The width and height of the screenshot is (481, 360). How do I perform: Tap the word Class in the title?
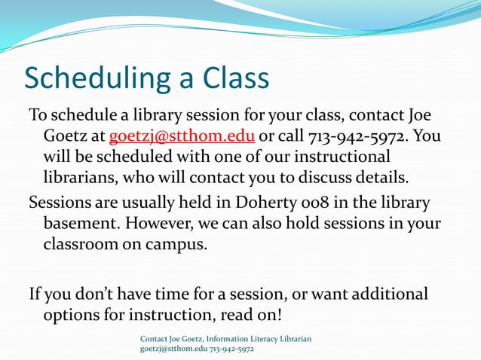(236, 78)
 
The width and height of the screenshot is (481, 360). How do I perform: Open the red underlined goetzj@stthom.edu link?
(182, 136)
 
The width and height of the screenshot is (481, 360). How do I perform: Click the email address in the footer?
(173, 349)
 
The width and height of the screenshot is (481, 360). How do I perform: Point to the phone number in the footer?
(231, 349)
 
